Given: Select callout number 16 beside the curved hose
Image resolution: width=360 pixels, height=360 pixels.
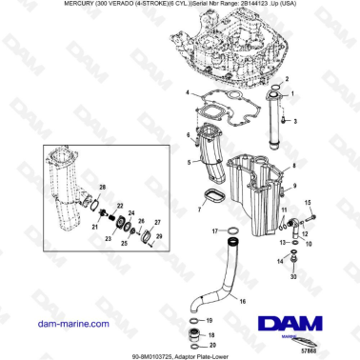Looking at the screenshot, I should tap(242, 301).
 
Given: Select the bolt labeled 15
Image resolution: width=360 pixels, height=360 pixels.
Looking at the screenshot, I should tap(293, 218).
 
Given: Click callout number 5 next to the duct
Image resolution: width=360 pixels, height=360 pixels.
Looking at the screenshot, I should tap(190, 163).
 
